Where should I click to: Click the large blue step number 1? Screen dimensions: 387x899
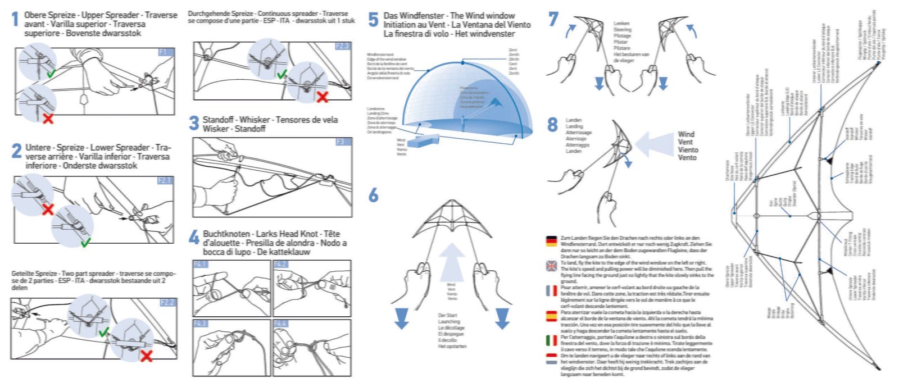pyautogui.click(x=16, y=20)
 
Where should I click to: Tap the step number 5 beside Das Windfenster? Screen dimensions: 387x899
pyautogui.click(x=373, y=20)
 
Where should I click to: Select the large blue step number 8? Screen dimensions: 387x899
pyautogui.click(x=553, y=125)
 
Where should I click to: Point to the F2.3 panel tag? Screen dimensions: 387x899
pyautogui.click(x=342, y=46)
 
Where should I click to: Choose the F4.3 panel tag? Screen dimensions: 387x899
pyautogui.click(x=201, y=324)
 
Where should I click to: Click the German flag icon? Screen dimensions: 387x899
pyautogui.click(x=551, y=242)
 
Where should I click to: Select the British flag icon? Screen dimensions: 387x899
pyautogui.click(x=551, y=266)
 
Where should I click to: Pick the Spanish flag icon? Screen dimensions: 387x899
pyautogui.click(x=551, y=316)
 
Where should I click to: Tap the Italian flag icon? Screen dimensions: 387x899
pyautogui.click(x=551, y=340)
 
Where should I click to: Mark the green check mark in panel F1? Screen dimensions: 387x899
pyautogui.click(x=51, y=73)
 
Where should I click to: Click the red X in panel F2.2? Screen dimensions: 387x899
pyautogui.click(x=147, y=355)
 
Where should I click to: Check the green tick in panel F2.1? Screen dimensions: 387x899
pyautogui.click(x=85, y=243)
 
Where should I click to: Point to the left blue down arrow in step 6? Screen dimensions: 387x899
pyautogui.click(x=401, y=317)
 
